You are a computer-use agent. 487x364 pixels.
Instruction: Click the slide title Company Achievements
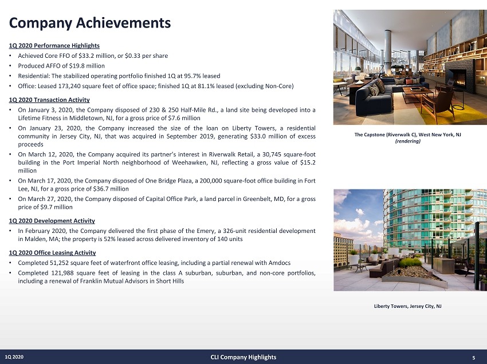(x=89, y=23)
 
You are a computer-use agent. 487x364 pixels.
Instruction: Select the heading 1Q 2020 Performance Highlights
(x=54, y=46)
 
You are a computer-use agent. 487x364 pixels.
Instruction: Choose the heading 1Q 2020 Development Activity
(x=52, y=221)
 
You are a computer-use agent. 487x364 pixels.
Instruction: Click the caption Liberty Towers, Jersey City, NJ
(x=407, y=306)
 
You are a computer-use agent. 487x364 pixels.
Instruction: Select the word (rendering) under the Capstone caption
(x=407, y=141)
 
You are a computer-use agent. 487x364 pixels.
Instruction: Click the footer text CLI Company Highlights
(x=244, y=357)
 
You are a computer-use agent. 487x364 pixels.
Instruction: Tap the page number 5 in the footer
(x=474, y=358)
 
